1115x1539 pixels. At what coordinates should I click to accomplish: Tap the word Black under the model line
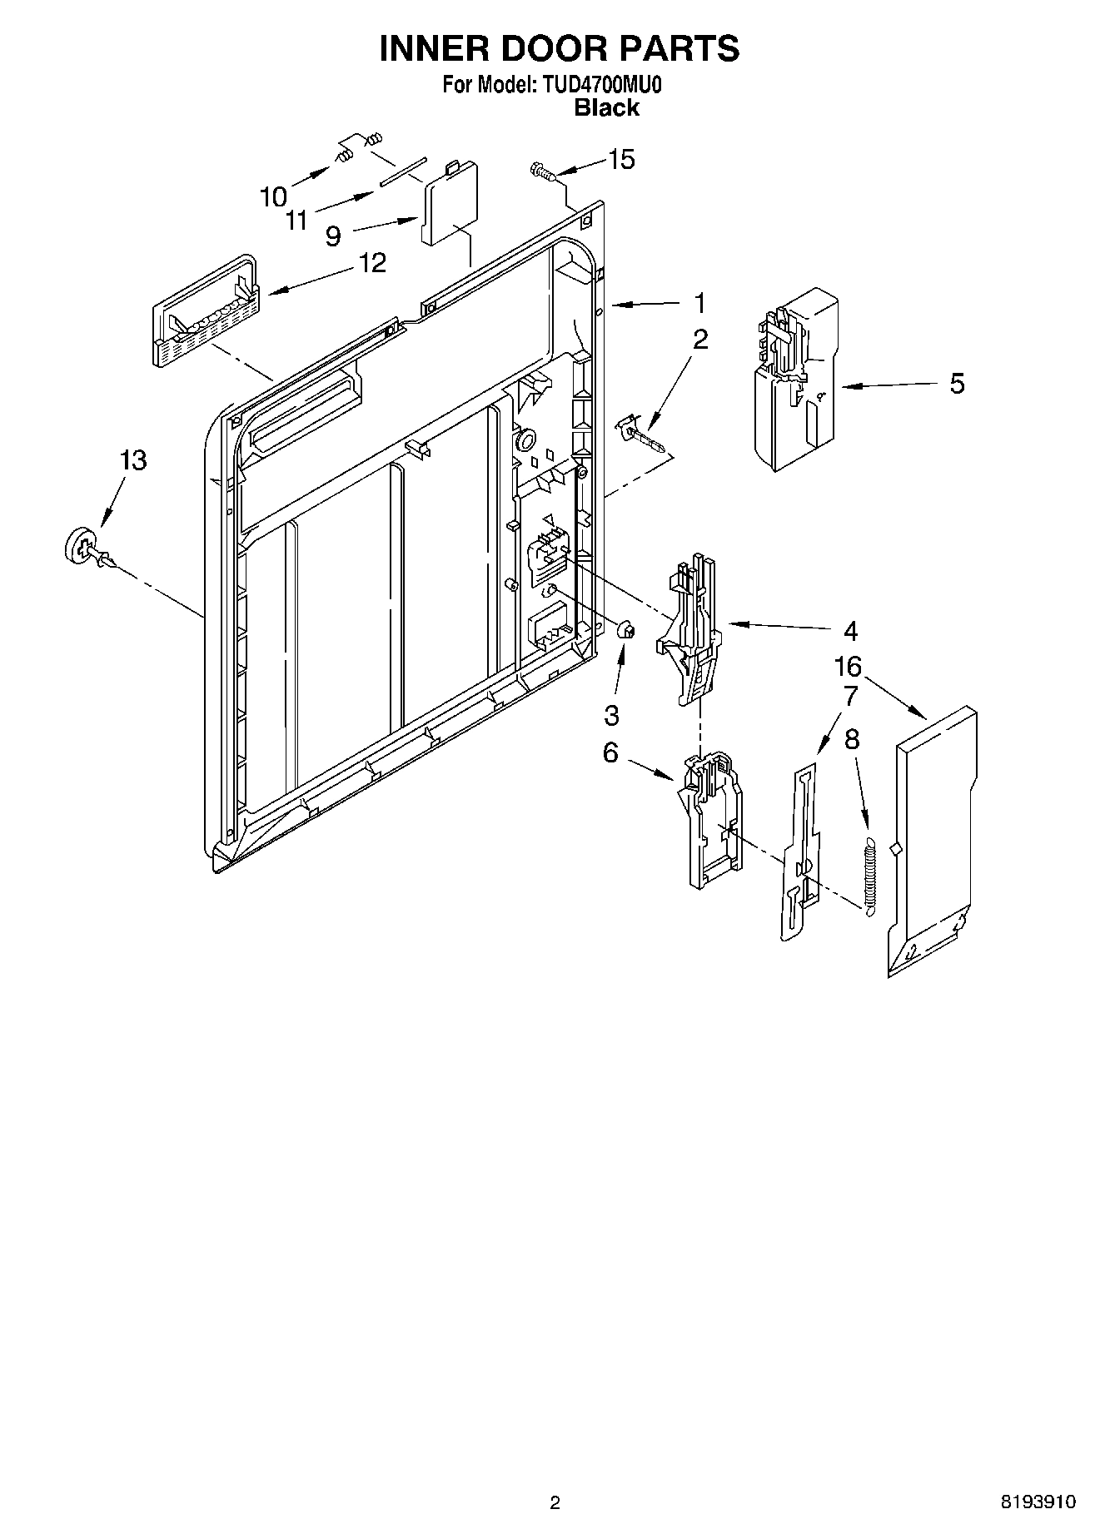click(607, 107)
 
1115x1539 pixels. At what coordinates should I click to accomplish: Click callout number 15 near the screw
click(622, 159)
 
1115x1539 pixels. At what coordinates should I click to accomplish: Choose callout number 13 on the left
click(133, 459)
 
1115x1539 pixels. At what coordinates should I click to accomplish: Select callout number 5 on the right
click(957, 384)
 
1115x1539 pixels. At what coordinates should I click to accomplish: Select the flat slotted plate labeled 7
click(801, 853)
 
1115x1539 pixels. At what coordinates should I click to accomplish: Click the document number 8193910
click(1038, 1502)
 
